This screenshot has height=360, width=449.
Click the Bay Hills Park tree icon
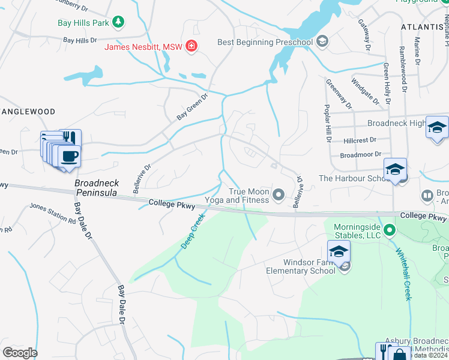click(119, 22)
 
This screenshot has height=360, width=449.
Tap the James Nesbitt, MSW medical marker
click(191, 46)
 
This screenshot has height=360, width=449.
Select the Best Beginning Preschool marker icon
click(322, 41)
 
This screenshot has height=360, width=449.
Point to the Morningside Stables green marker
click(390, 229)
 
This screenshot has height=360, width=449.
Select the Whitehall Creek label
click(402, 264)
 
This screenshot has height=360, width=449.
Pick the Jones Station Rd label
click(53, 213)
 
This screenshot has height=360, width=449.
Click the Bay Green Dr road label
click(191, 106)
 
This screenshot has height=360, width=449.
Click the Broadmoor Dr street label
click(360, 154)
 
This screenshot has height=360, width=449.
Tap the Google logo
click(20, 353)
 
